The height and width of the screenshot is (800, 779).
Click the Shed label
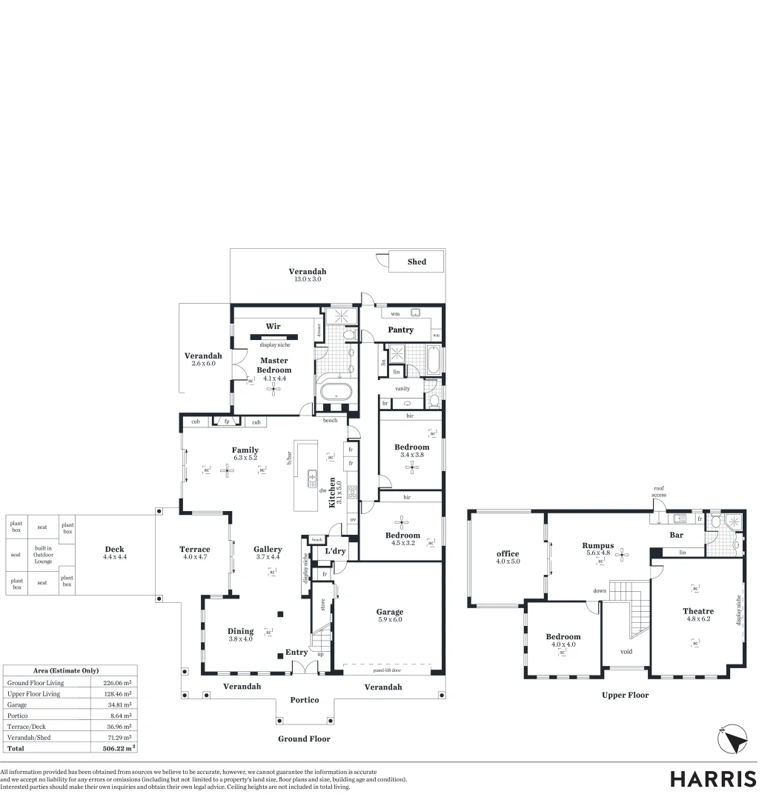point(417,261)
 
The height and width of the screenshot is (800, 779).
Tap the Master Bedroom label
point(274,365)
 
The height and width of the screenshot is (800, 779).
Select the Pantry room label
point(400,330)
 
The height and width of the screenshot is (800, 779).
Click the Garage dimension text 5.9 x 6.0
point(389,619)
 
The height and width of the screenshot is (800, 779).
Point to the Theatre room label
point(697,611)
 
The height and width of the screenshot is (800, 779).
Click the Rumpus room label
point(597,544)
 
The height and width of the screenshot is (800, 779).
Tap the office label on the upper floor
point(507,553)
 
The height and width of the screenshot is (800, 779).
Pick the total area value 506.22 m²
point(118,748)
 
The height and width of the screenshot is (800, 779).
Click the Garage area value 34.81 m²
point(118,704)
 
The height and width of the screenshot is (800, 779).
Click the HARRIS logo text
point(713,779)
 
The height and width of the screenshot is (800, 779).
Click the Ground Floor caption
point(304,739)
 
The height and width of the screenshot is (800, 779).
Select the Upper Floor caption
point(625,695)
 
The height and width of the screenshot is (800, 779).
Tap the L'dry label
point(336,551)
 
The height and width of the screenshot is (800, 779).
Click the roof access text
point(658,492)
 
